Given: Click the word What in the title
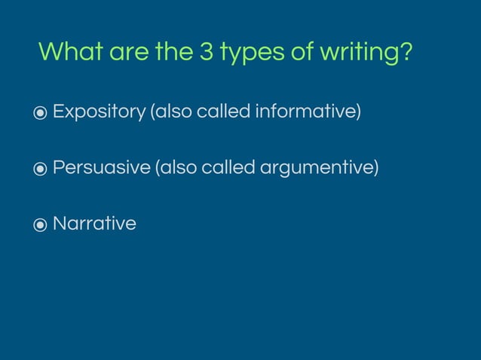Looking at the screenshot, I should [x=71, y=53].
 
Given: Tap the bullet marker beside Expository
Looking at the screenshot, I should [x=40, y=114].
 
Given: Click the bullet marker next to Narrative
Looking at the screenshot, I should [x=40, y=224].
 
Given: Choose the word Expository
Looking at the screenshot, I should [x=99, y=113].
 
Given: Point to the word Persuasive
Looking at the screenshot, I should [x=102, y=168].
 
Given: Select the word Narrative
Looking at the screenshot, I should [x=94, y=224].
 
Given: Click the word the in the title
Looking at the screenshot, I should [x=173, y=53].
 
